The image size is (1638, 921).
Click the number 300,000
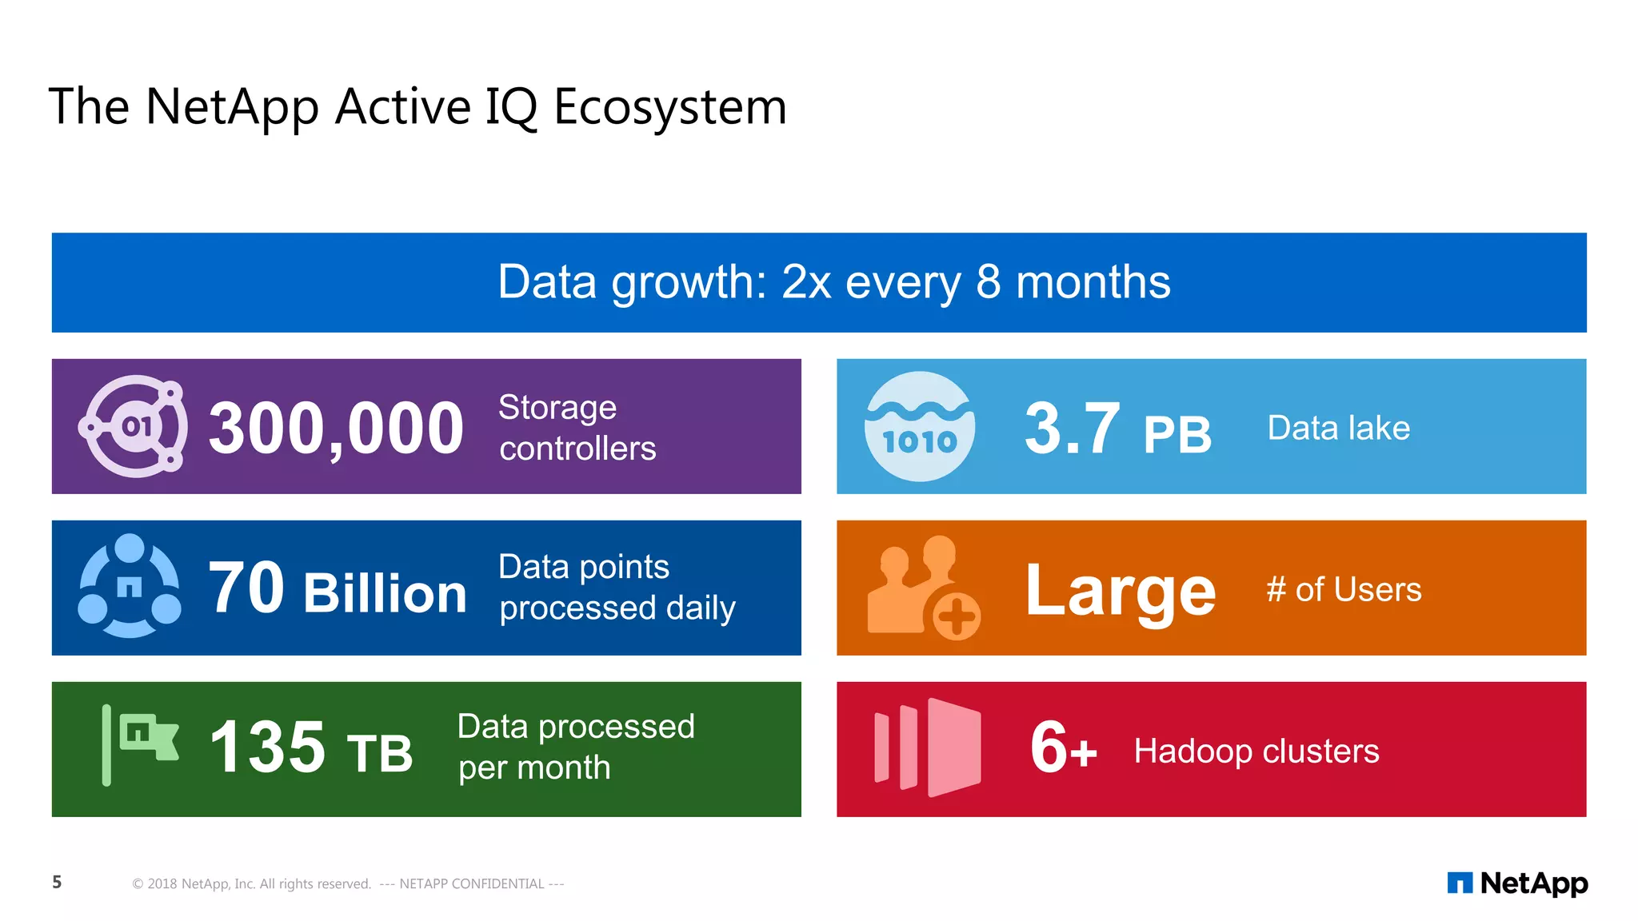[336, 429]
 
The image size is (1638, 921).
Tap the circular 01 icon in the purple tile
[134, 426]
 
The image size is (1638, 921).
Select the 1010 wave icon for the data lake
[920, 426]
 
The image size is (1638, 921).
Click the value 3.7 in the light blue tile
[1072, 429]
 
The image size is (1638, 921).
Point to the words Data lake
[1338, 428]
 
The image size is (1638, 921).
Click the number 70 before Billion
[246, 588]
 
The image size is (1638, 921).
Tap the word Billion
[385, 593]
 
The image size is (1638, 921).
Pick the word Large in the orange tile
[1120, 592]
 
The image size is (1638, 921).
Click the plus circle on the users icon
[956, 616]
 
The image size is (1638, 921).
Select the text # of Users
[1344, 590]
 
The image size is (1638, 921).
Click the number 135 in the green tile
[267, 748]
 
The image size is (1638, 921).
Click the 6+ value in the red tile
[1062, 748]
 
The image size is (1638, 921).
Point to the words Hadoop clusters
[1256, 752]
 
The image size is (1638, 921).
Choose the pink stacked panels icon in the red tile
[928, 748]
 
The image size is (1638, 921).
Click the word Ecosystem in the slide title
[670, 107]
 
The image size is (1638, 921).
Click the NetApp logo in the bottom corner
[1517, 883]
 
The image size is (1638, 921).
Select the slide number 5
[57, 882]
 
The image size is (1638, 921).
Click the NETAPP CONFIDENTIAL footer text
[472, 883]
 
